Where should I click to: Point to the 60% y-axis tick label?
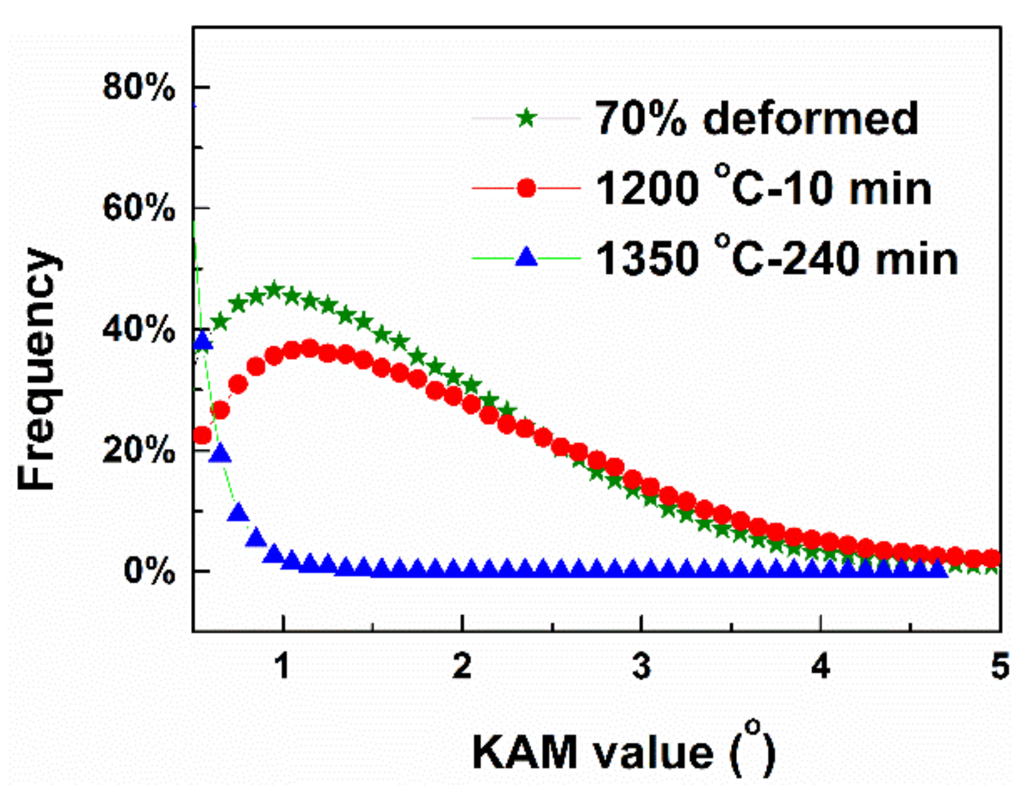(138, 208)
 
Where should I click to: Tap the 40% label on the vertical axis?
(138, 329)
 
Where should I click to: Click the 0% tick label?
(149, 571)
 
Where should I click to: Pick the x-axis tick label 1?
(282, 666)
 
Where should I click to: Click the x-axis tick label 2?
(462, 666)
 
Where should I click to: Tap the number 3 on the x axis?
(641, 666)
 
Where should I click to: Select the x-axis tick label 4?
(820, 666)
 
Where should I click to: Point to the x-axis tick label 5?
(999, 666)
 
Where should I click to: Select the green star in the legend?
(526, 118)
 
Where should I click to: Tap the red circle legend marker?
(526, 188)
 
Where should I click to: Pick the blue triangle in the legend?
(526, 257)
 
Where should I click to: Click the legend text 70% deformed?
(756, 118)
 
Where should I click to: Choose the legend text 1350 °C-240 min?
(776, 257)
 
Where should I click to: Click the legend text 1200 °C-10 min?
(763, 187)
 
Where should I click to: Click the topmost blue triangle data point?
(203, 342)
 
